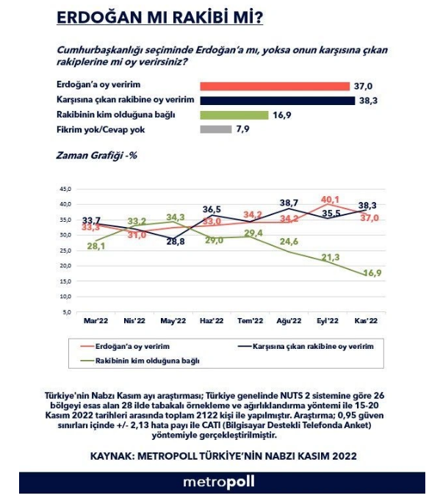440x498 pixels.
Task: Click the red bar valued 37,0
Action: pos(275,86)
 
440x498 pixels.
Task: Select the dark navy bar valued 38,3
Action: pos(278,101)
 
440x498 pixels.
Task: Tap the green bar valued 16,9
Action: pos(234,115)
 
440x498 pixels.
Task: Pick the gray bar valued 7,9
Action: pos(216,129)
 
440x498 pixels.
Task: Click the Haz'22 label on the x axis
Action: pos(212,321)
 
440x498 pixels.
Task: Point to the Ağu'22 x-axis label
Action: pos(289,321)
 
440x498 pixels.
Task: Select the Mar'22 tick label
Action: pos(95,321)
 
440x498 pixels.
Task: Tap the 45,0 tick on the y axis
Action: pos(65,189)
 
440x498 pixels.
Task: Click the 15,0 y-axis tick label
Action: pos(65,281)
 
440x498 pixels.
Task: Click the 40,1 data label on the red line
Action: pos(330,200)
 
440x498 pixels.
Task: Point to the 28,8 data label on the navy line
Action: pos(176,242)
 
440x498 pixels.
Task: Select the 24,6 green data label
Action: pos(289,242)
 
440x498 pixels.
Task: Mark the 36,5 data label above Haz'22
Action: pos(212,209)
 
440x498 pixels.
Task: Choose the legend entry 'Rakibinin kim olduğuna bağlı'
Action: pos(140,361)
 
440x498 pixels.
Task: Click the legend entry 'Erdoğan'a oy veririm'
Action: pos(125,346)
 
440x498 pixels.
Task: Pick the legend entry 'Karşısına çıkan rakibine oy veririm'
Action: pos(306,346)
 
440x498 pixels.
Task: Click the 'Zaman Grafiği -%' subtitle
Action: pos(96,156)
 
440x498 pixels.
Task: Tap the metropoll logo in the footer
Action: pos(219,482)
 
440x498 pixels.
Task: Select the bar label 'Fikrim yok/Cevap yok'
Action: pos(101,129)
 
